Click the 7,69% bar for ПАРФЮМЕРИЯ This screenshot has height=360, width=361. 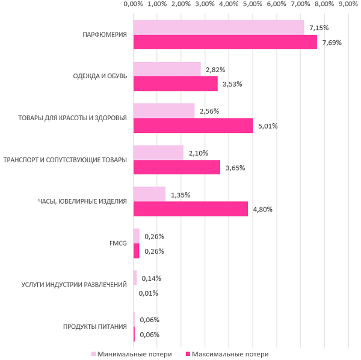coord(224,42)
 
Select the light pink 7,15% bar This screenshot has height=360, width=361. coord(218,28)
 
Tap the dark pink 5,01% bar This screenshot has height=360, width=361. coord(193,126)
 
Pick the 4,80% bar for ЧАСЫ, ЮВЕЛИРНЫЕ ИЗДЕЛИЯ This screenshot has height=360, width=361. coord(190,209)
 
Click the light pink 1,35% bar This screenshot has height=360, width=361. coord(149,194)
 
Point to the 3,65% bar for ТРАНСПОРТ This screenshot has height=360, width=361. coord(176,167)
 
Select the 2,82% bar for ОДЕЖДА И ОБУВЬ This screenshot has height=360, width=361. coord(167,69)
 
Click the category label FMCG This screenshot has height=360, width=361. coord(118,243)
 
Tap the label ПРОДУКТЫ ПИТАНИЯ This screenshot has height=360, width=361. coord(95,327)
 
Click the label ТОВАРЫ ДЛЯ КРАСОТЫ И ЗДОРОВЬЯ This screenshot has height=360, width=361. coord(73,118)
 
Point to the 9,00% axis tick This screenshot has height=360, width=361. coord(348,4)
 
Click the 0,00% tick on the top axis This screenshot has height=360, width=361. coord(132,4)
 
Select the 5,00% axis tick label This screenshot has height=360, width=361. coord(253,4)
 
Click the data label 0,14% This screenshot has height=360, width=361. coord(153,278)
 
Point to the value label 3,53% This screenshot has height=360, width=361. coord(232,84)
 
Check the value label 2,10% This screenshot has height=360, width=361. coord(199,153)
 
